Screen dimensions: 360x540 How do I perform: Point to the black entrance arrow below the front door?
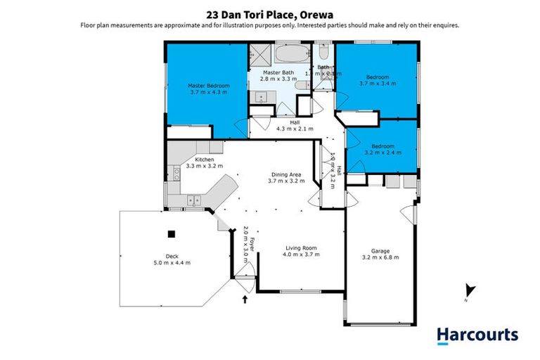pos(245,300)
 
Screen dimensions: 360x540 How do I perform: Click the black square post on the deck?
pos(170,235)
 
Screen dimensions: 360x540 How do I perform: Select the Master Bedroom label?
pos(209,86)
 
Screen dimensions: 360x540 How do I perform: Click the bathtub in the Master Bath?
pos(290,55)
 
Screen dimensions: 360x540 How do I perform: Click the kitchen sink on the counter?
pos(193,201)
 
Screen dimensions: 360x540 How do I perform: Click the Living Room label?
pos(302,247)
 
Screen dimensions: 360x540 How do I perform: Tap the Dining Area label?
pos(287,174)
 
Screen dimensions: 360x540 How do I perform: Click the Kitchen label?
pos(205,160)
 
